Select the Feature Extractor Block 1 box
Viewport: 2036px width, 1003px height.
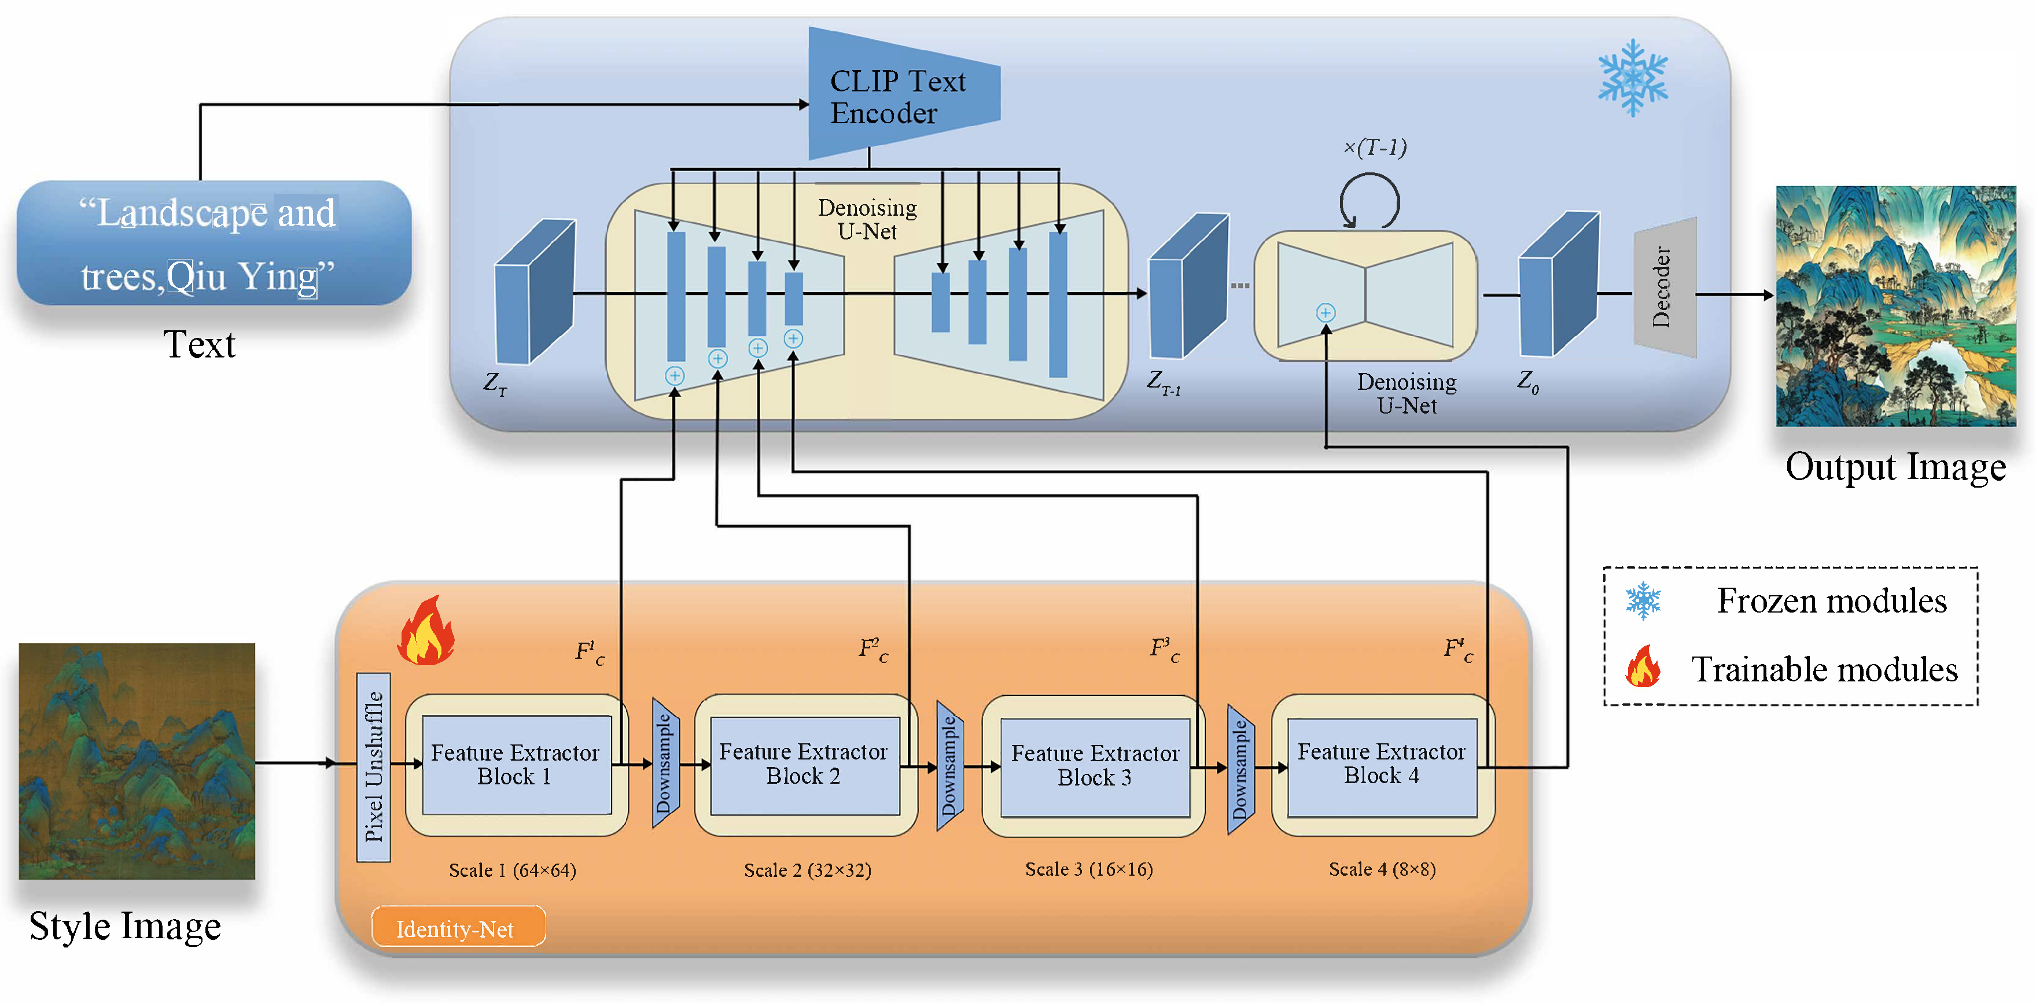pyautogui.click(x=516, y=764)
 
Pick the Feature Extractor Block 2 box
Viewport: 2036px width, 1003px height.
pyautogui.click(x=804, y=764)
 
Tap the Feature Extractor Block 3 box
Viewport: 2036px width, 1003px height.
pyautogui.click(x=1095, y=766)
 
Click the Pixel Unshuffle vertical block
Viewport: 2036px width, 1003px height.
pyautogui.click(x=374, y=766)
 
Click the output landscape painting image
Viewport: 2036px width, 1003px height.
pyautogui.click(x=1895, y=306)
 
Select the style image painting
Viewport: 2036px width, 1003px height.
pyautogui.click(x=137, y=761)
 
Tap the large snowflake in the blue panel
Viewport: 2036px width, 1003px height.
pyautogui.click(x=1633, y=78)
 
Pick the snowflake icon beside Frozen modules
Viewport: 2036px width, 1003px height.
pyautogui.click(x=1643, y=600)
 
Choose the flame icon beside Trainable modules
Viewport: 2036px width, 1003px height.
pyautogui.click(x=1643, y=668)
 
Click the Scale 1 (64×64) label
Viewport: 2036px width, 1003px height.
pyautogui.click(x=512, y=870)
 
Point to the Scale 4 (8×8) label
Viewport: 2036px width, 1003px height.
pyautogui.click(x=1382, y=869)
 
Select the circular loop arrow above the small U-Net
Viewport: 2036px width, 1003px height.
pyautogui.click(x=1369, y=201)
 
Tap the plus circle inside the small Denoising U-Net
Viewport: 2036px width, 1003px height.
pyautogui.click(x=1326, y=313)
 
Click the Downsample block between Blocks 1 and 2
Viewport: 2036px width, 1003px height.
pyautogui.click(x=665, y=763)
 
